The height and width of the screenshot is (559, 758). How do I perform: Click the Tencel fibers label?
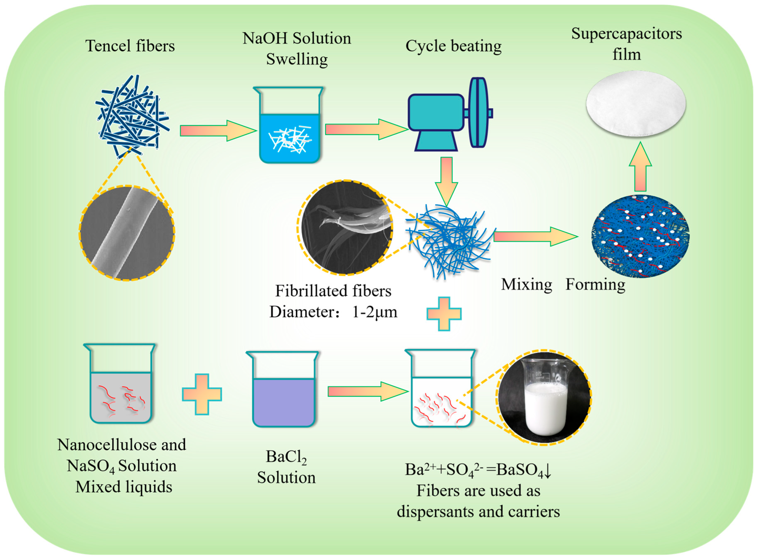point(130,46)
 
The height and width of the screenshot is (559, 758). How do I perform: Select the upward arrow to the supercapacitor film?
point(640,168)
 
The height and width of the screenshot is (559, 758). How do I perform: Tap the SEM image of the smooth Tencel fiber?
point(127,233)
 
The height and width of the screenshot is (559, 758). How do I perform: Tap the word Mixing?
point(526,285)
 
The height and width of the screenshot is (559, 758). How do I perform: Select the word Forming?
point(595,285)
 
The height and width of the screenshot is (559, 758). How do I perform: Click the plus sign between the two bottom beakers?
point(202,395)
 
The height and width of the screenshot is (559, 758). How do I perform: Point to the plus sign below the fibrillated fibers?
point(444,314)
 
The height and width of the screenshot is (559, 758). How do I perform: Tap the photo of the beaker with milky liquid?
point(544,398)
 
